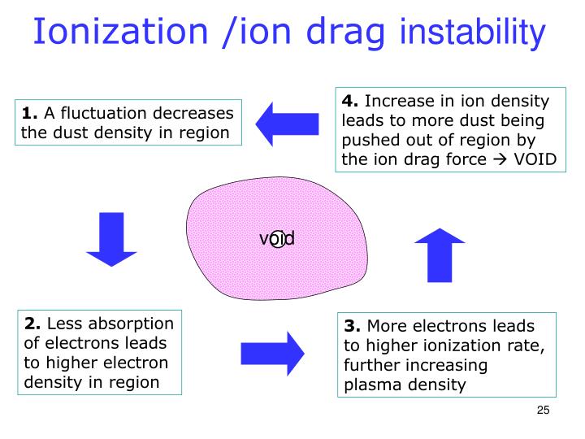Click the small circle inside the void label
(278, 238)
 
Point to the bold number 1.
(29, 113)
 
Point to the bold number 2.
(31, 324)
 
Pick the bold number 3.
(352, 327)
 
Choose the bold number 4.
(350, 102)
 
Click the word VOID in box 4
(533, 159)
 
